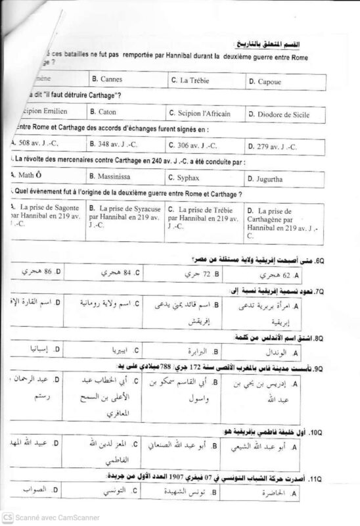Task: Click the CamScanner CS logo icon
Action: click(x=7, y=517)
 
